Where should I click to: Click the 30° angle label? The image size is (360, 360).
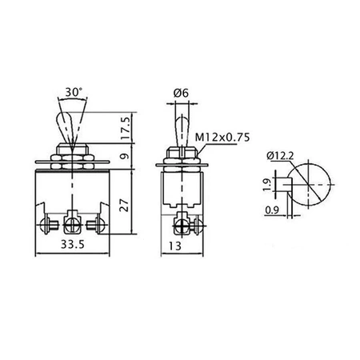point(74,92)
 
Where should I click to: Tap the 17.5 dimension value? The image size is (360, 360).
point(126,128)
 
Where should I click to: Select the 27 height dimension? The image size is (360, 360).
point(124,205)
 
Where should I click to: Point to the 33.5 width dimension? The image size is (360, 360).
point(73,244)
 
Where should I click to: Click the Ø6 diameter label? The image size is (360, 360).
point(181,93)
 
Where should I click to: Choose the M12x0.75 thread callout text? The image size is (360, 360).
point(222,137)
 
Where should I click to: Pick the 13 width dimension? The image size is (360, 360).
point(175,246)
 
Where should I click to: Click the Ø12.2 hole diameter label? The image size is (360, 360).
point(280,155)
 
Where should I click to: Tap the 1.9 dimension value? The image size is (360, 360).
point(267,185)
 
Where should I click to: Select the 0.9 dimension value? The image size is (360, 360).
point(272,210)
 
